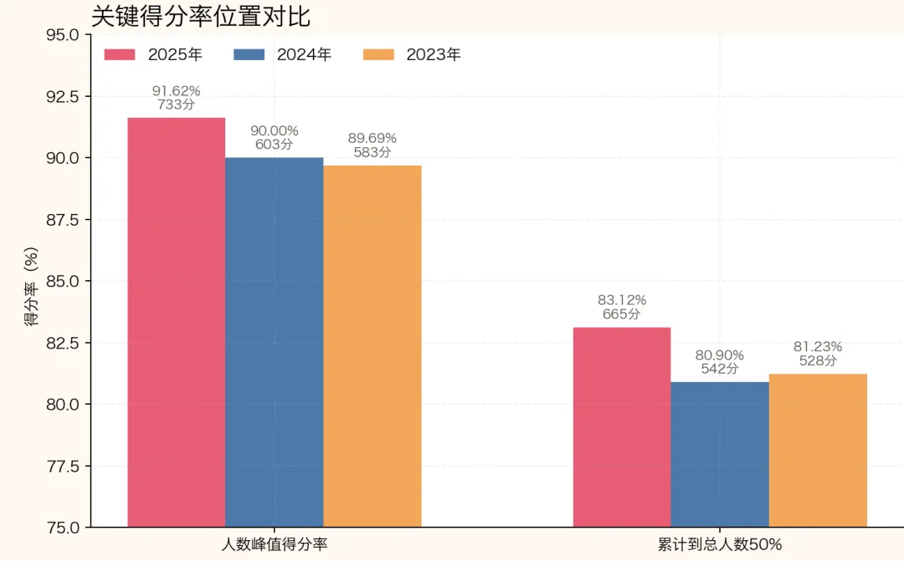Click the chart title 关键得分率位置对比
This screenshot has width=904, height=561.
tap(201, 17)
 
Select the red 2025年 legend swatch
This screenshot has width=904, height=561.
tap(120, 54)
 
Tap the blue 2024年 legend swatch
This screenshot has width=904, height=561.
tap(249, 54)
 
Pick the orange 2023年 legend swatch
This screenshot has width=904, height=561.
tap(378, 54)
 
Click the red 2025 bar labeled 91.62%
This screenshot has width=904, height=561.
tap(177, 323)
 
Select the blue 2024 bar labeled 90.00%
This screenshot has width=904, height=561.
tap(275, 342)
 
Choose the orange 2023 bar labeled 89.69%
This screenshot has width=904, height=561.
tap(372, 346)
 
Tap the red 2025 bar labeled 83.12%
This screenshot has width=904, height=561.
tap(622, 427)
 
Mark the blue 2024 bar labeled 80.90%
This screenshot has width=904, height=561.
tap(720, 455)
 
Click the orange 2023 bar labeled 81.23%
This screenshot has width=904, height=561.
tap(818, 451)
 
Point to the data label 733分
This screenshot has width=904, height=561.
tap(177, 105)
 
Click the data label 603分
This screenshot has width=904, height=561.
tap(275, 144)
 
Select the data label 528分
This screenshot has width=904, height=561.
tap(818, 360)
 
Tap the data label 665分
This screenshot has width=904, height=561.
tap(621, 314)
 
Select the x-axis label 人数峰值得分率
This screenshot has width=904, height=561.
tap(275, 544)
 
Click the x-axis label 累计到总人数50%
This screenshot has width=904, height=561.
tap(720, 544)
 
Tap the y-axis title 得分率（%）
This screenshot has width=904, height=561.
tap(31, 286)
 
